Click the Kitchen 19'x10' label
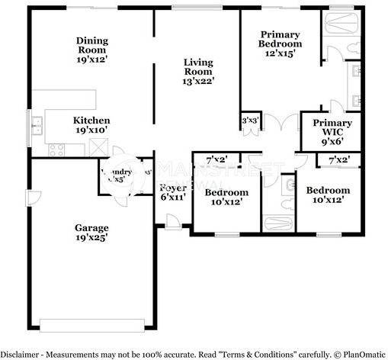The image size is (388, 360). (91, 125)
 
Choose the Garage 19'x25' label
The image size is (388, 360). (91, 232)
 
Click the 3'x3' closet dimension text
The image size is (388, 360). (249, 121)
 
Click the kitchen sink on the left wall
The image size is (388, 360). (35, 123)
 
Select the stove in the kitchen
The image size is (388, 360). (58, 149)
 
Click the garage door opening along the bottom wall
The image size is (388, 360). (91, 325)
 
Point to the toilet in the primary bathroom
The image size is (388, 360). (336, 51)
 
